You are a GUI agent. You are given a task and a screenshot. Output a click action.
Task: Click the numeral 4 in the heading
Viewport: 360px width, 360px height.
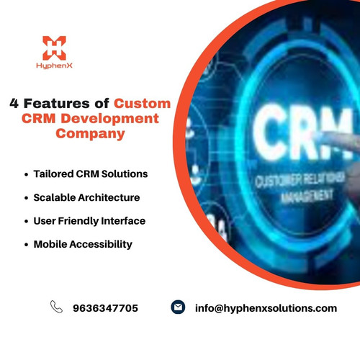14,103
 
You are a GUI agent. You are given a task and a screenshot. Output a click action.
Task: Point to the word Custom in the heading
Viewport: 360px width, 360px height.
143,103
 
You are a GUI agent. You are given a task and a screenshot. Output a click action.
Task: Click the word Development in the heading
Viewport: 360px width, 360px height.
112,118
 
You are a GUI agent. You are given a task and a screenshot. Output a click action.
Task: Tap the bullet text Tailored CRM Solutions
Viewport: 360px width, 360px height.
90,174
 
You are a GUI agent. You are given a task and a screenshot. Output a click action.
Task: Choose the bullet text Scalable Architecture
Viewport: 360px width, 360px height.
86,197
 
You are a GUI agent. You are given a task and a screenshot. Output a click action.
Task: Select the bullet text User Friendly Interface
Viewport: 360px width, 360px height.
89,220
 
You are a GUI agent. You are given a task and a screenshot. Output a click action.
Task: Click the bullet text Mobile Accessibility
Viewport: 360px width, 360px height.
83,244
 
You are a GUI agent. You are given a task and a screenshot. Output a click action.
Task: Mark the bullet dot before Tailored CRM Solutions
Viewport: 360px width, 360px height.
26,175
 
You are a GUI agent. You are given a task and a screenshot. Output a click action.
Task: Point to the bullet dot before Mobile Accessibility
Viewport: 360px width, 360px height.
26,245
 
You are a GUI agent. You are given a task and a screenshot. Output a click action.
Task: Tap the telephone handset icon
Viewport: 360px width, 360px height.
56,307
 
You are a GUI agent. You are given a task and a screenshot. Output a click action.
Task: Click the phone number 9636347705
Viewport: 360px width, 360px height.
105,308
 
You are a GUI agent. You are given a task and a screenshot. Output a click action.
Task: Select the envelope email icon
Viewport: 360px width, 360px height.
178,307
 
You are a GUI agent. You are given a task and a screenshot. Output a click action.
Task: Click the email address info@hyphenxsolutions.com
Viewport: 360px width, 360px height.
266,308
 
